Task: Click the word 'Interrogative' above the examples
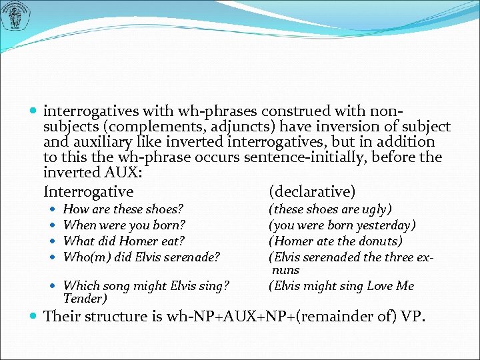pyautogui.click(x=88, y=192)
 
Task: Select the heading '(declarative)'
pyautogui.click(x=311, y=192)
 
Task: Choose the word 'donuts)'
pyautogui.click(x=379, y=241)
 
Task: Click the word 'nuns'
pyautogui.click(x=285, y=270)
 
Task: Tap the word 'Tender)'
pyautogui.click(x=85, y=299)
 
